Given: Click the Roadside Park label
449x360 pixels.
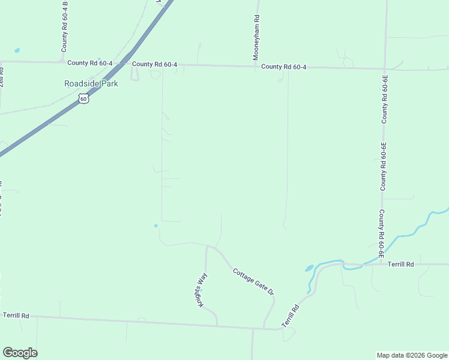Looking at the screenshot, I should [x=91, y=83].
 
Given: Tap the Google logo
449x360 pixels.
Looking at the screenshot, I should [x=20, y=353].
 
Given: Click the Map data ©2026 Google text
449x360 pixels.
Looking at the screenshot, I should [x=411, y=355].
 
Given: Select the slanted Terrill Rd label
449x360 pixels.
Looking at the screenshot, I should [x=291, y=316].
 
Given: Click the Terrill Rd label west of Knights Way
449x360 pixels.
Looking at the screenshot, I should [x=16, y=315].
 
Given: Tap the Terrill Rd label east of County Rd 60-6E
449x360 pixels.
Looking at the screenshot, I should [x=401, y=264].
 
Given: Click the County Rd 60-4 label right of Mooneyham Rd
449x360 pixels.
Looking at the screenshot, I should [x=284, y=67].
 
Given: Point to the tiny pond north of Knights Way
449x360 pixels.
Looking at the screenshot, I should [x=155, y=226].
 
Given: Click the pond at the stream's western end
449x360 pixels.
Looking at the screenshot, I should [x=310, y=268].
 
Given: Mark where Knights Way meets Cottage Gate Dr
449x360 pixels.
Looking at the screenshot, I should [x=207, y=246].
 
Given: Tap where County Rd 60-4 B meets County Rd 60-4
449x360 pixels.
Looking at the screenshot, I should [x=62, y=62].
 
